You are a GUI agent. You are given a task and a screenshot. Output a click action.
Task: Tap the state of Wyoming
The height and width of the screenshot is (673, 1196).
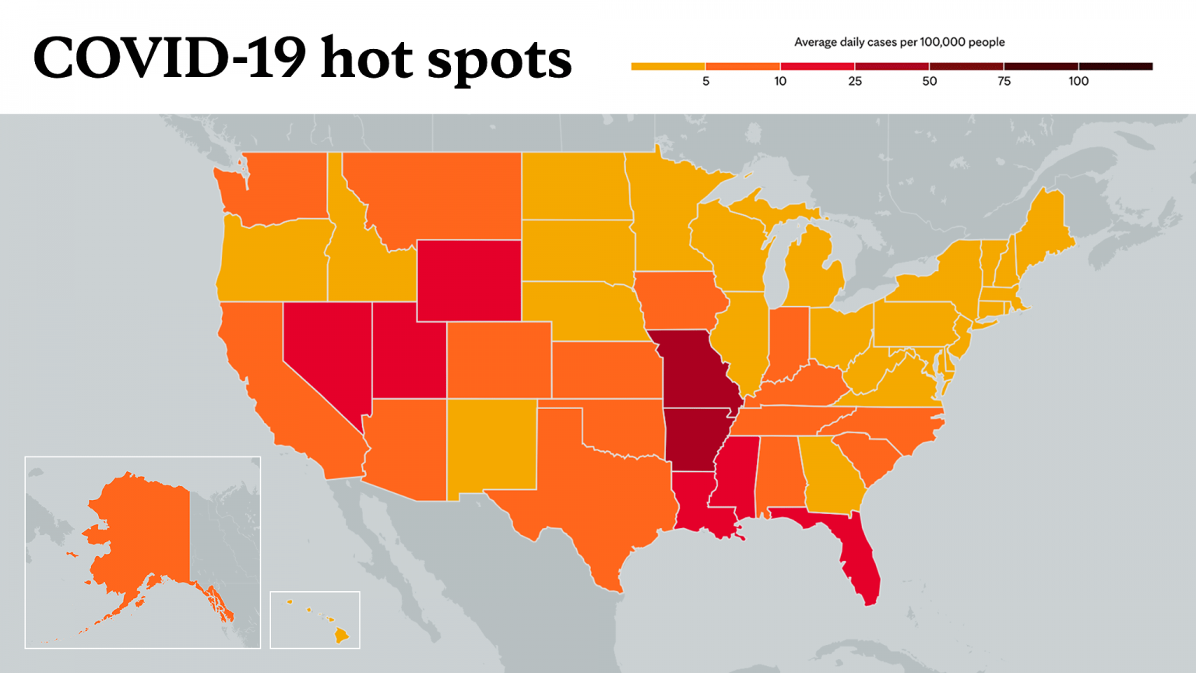click(469, 280)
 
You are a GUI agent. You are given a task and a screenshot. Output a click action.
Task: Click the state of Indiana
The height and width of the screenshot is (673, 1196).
click(787, 342)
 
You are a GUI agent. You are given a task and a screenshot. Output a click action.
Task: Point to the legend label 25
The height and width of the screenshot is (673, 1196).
click(855, 81)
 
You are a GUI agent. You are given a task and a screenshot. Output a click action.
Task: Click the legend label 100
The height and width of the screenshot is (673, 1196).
click(1078, 81)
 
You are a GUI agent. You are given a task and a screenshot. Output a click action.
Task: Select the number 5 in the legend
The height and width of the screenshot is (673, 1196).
click(706, 81)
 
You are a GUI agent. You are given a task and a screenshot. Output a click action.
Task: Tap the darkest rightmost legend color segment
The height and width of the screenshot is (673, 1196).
click(1116, 67)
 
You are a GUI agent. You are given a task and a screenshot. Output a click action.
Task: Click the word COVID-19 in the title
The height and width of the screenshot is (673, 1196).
click(170, 58)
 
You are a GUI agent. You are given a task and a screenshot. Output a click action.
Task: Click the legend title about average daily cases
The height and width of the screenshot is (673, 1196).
click(899, 42)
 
